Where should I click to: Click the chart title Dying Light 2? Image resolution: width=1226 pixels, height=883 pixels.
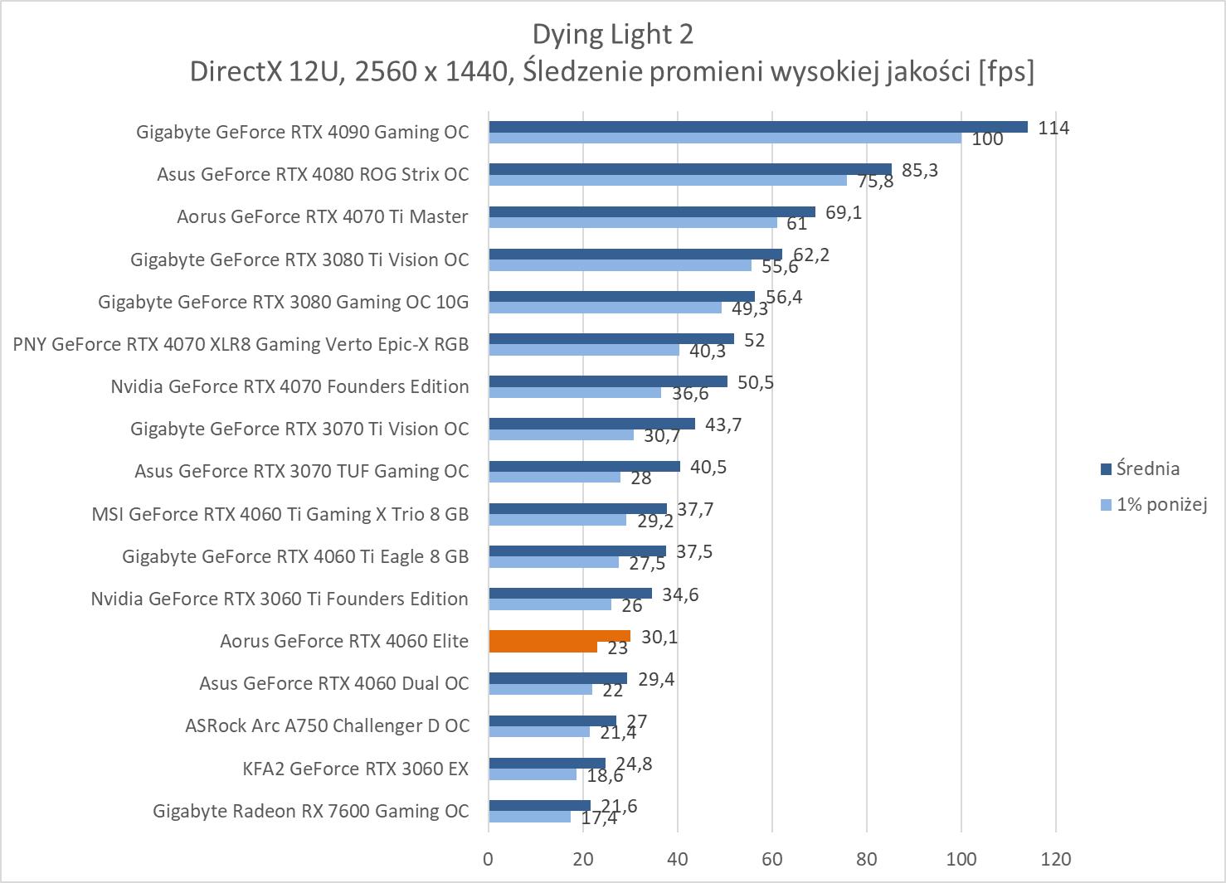612,34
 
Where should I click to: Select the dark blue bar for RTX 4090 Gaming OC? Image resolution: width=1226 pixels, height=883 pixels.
757,127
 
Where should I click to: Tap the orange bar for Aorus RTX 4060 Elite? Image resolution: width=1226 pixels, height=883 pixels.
559,636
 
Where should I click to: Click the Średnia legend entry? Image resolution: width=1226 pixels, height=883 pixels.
1147,469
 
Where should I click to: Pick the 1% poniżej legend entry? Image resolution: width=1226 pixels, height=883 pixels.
1160,504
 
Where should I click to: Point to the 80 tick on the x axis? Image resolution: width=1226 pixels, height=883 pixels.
867,859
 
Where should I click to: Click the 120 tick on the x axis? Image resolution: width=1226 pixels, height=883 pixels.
1055,859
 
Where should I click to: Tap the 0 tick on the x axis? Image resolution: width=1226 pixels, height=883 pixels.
489,859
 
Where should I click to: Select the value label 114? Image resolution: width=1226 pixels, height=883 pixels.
1053,128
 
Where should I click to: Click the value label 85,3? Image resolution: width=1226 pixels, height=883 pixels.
921,170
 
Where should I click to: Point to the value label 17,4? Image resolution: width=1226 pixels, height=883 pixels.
599,818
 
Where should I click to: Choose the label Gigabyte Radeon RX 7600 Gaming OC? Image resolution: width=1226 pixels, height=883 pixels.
311,811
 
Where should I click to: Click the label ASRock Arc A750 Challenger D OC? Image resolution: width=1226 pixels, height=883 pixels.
327,725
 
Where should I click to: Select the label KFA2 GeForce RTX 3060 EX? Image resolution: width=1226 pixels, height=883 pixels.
356,769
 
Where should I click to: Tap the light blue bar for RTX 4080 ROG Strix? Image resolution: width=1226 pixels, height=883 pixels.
668,180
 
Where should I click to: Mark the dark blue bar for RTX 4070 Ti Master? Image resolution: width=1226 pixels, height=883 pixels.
652,212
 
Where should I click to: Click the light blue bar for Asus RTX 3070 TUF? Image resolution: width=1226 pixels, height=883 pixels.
554,477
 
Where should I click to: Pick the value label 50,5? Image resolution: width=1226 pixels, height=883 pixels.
756,382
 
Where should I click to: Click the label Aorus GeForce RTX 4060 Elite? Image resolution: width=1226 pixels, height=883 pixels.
344,641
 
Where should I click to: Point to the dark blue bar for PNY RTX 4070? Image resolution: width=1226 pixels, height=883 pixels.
611,339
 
